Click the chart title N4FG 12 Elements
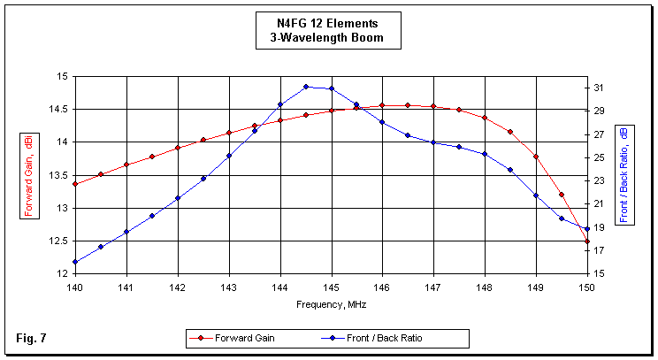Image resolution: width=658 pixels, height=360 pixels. click(327, 24)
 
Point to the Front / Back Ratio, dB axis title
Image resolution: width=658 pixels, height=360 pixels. click(624, 174)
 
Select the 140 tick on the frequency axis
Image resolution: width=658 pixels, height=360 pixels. click(75, 287)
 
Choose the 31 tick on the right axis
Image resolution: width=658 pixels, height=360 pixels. click(599, 88)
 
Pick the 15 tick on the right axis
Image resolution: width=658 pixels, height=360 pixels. click(599, 273)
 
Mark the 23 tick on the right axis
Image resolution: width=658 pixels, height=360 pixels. click(599, 180)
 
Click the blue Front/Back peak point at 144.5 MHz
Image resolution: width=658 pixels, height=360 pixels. click(306, 87)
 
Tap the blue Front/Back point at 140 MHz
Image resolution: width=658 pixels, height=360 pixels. click(75, 262)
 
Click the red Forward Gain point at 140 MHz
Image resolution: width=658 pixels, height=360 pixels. click(75, 184)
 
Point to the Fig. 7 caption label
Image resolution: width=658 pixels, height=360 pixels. click(30, 338)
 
